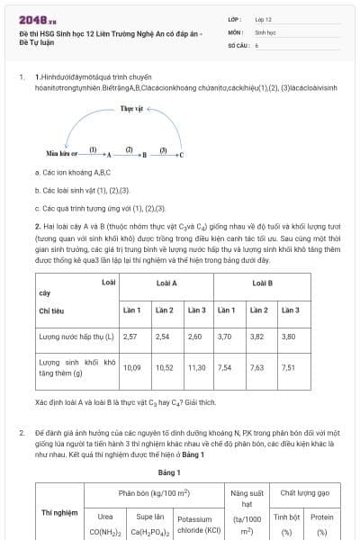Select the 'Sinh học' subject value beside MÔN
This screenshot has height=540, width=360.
click(265, 31)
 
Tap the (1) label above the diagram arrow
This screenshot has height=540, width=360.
click(94, 148)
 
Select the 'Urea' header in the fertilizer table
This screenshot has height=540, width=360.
click(104, 517)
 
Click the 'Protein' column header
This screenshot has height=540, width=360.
click(321, 517)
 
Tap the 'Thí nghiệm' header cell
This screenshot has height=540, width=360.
click(58, 512)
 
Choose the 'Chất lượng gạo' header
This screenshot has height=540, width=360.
click(305, 493)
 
